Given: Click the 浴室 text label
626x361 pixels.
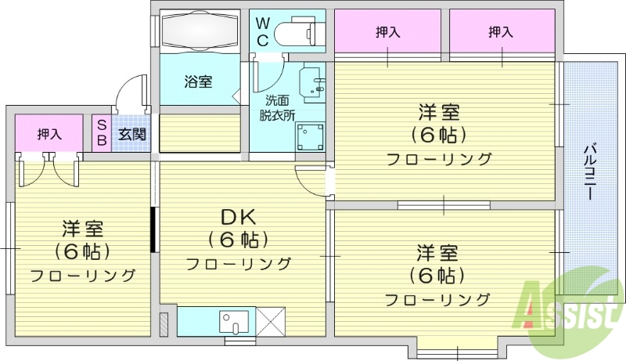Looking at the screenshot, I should pos(198,81).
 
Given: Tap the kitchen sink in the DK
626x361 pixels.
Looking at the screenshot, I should pos(233,321).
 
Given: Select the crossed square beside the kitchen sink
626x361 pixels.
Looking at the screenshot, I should pos(270,321).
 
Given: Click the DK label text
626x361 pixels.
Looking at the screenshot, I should pos(238,217).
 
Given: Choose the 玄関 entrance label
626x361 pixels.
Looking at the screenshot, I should pos(131,133).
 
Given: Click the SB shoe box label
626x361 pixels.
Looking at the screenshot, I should pos(102,132).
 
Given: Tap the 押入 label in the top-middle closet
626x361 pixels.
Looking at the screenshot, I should pos(387,32).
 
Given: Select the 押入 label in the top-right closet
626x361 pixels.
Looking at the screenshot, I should pos(501,32).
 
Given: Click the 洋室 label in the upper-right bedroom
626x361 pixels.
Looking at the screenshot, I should pos(438,113).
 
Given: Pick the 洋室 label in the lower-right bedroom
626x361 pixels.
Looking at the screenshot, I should pos(437,254).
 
